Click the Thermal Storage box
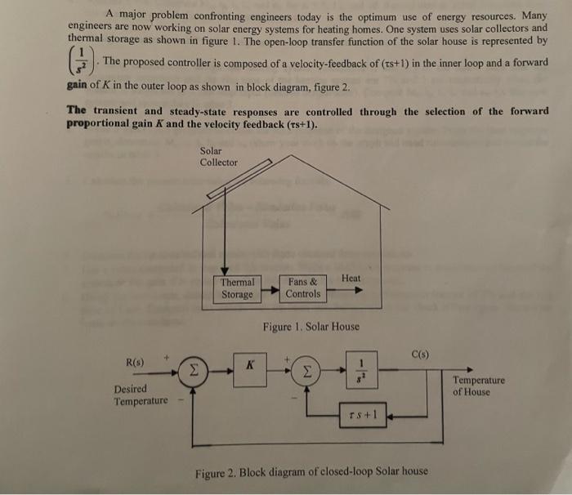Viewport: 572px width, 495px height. pyautogui.click(x=238, y=288)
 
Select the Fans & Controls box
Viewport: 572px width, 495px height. pyautogui.click(x=303, y=288)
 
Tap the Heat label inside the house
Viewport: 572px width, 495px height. pyautogui.click(x=351, y=279)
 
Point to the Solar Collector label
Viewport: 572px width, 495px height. pyautogui.click(x=218, y=156)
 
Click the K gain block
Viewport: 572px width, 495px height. pyautogui.click(x=248, y=367)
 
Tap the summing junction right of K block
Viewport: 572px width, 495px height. pyautogui.click(x=307, y=371)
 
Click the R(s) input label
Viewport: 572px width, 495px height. pyautogui.click(x=135, y=361)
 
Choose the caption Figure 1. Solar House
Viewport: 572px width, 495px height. pyautogui.click(x=311, y=326)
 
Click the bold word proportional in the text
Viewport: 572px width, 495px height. pyautogui.click(x=99, y=124)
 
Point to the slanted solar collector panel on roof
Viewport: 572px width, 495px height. pyautogui.click(x=239, y=181)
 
